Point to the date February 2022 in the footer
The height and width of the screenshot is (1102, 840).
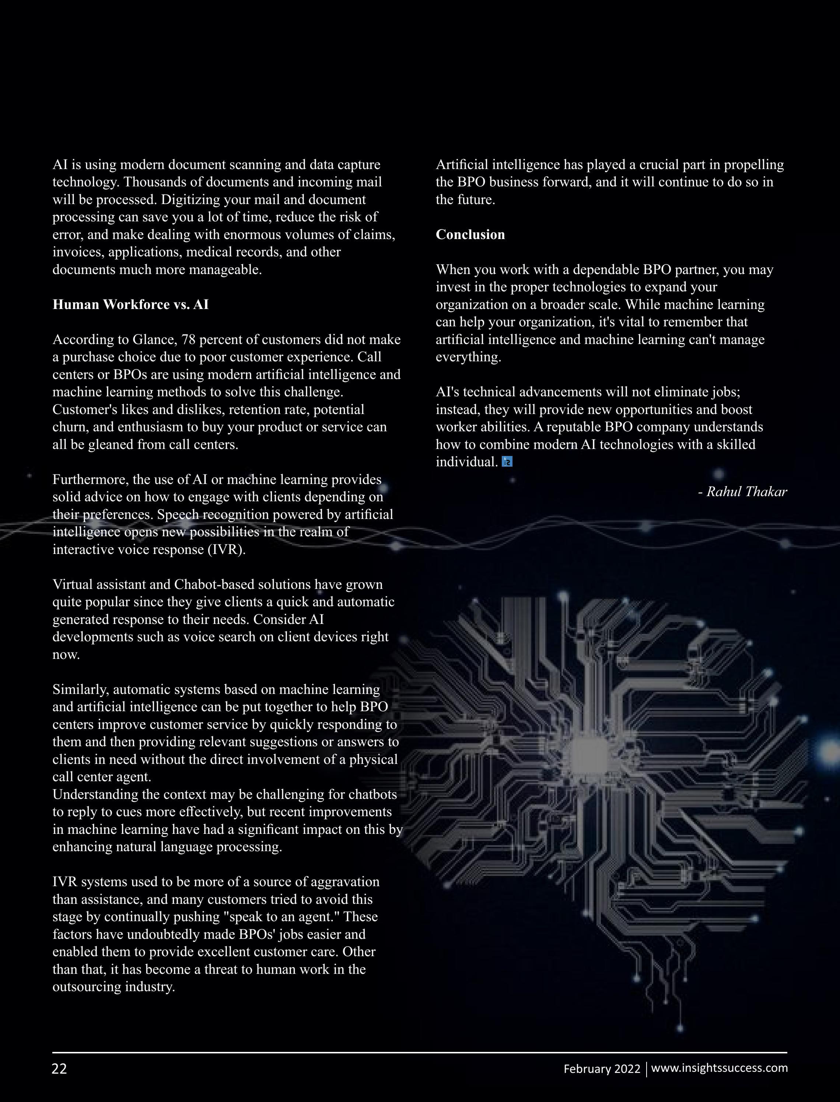pyautogui.click(x=602, y=1069)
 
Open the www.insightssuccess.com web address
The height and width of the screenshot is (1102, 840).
pyautogui.click(x=720, y=1068)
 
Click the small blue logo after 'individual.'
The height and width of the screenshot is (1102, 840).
pyautogui.click(x=507, y=462)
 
